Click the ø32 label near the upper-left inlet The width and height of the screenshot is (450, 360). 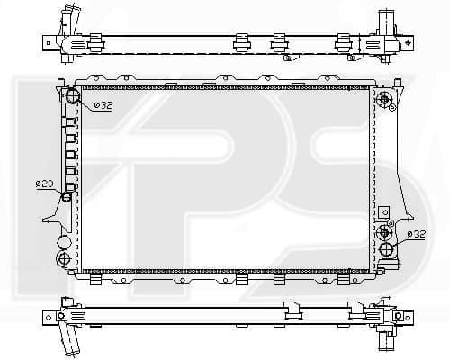[103, 105]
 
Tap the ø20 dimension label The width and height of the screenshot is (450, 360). [44, 184]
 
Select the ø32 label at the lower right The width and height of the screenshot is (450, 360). [416, 234]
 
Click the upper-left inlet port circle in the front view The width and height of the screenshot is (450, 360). [72, 94]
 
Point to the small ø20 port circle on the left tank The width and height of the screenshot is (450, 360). [67, 197]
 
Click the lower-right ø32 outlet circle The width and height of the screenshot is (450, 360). [386, 250]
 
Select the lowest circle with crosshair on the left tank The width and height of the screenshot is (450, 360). [63, 258]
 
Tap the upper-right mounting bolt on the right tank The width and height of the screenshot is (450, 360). [384, 100]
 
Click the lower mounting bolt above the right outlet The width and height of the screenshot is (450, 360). [383, 232]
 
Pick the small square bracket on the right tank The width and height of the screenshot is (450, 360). [383, 212]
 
